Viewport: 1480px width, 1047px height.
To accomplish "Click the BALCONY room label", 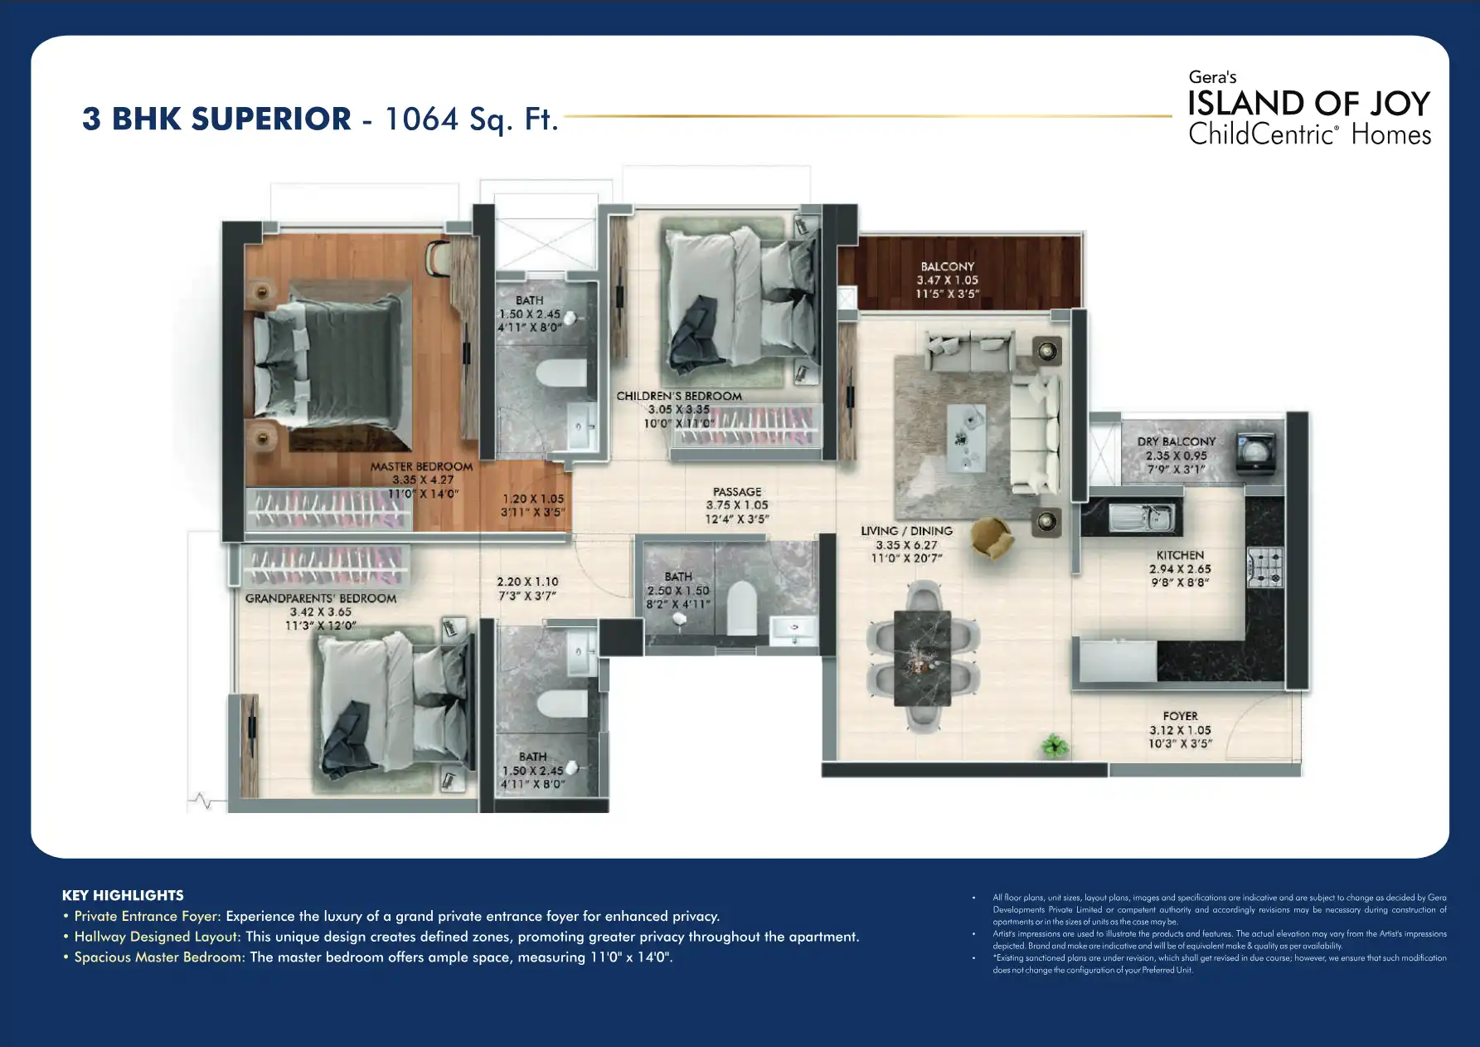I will click(x=947, y=267).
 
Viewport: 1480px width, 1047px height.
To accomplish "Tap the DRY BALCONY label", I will click(x=1176, y=442).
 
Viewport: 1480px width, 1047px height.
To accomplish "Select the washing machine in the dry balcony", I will click(x=1255, y=453).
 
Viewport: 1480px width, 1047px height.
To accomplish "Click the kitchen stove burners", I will click(x=1264, y=567).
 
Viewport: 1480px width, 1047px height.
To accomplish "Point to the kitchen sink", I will click(x=1142, y=518).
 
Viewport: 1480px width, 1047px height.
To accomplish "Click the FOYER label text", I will click(x=1180, y=716).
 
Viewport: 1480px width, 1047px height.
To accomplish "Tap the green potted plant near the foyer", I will click(x=1055, y=745).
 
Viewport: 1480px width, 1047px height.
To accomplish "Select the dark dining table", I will click(x=922, y=658).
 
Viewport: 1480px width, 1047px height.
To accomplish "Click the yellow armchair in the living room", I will click(x=992, y=537).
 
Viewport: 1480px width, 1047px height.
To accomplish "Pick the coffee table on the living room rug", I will click(x=966, y=436).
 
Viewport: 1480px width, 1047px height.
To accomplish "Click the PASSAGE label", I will click(x=737, y=492).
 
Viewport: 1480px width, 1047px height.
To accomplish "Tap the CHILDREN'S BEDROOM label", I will click(x=679, y=397).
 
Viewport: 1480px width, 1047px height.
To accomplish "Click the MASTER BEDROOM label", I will click(x=421, y=467).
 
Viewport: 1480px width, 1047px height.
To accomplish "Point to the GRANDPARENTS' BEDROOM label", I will click(x=321, y=598).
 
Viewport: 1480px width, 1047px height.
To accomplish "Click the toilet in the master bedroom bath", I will click(x=561, y=373).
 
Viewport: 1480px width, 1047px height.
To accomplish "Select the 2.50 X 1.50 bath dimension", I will click(x=678, y=591).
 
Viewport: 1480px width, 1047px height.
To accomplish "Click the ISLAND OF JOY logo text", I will click(x=1308, y=105).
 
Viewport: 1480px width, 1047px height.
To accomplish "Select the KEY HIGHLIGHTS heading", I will click(x=123, y=895).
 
